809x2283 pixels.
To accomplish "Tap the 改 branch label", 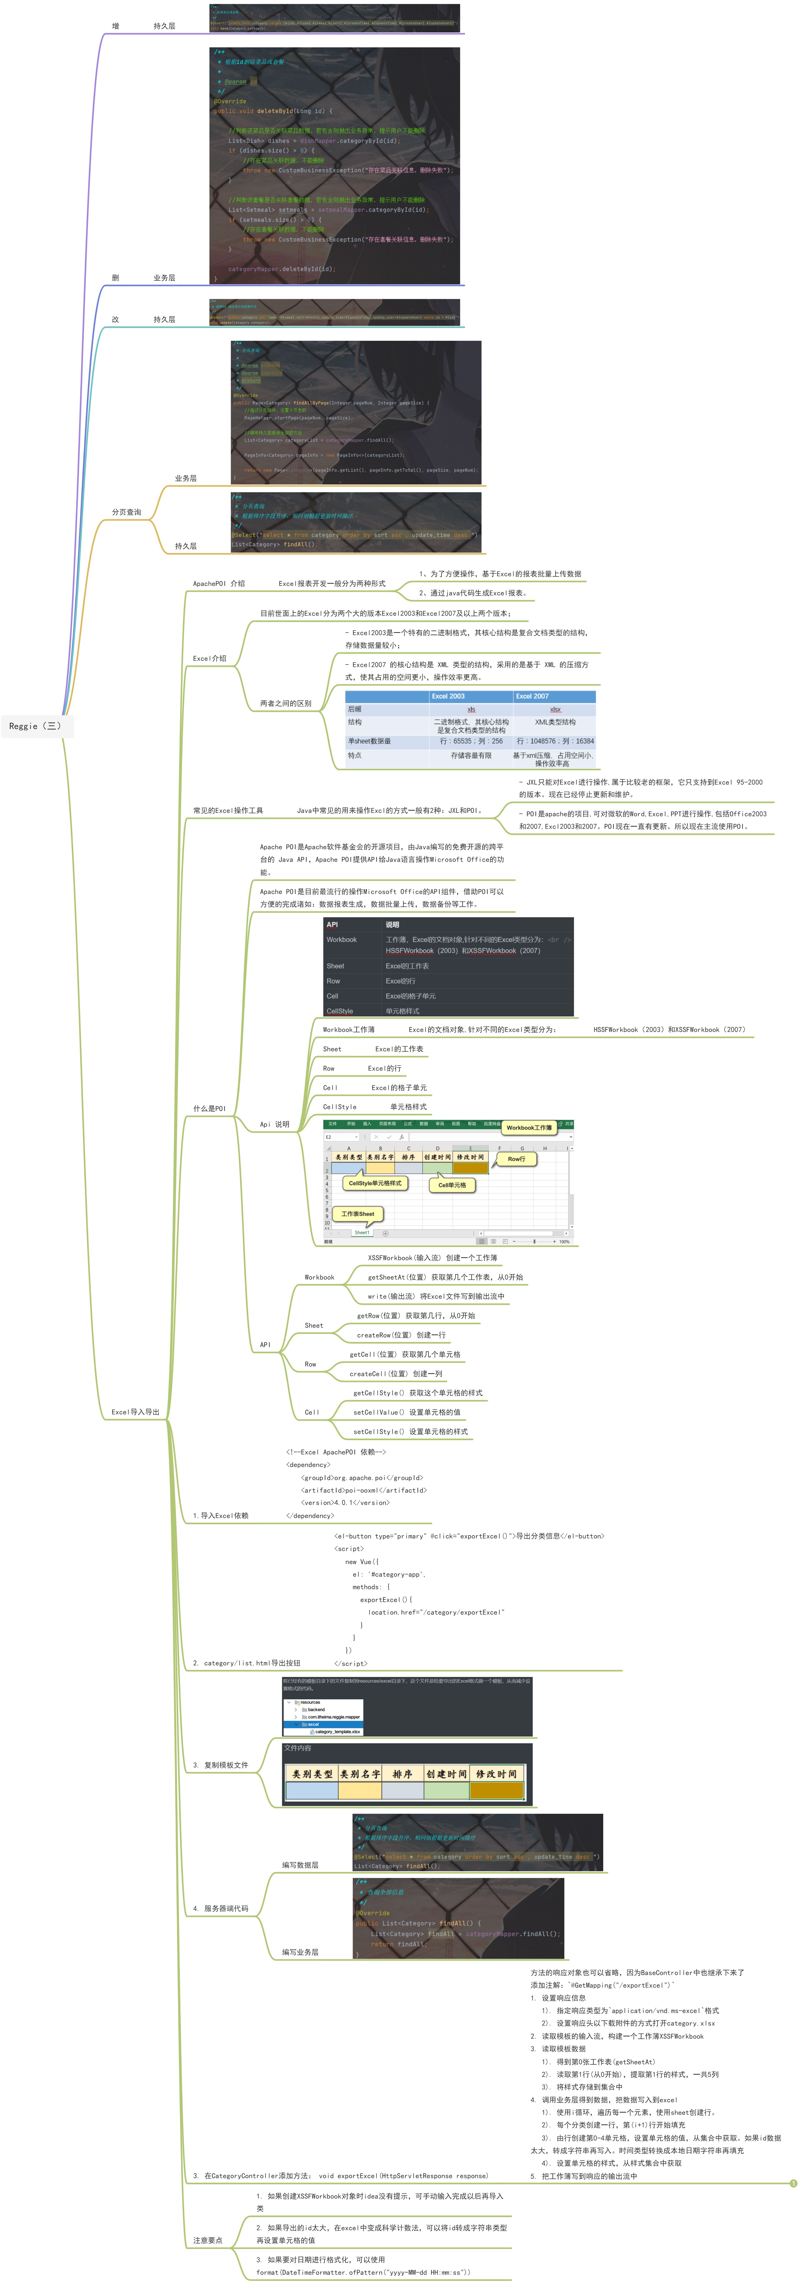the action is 115,319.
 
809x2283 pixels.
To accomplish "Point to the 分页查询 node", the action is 126,512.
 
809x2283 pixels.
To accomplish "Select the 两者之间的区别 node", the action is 285,703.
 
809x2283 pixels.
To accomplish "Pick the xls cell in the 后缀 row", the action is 470,709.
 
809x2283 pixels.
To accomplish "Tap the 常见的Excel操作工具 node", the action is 228,810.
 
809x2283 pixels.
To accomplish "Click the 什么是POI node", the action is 209,1108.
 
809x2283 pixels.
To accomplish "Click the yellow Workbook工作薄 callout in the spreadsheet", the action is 529,1127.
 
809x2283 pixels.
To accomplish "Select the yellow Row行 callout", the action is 516,1158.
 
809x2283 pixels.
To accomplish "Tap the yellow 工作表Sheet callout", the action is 358,1213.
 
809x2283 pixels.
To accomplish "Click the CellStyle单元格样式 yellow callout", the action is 375,1183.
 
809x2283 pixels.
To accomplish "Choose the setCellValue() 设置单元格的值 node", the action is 407,1412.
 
